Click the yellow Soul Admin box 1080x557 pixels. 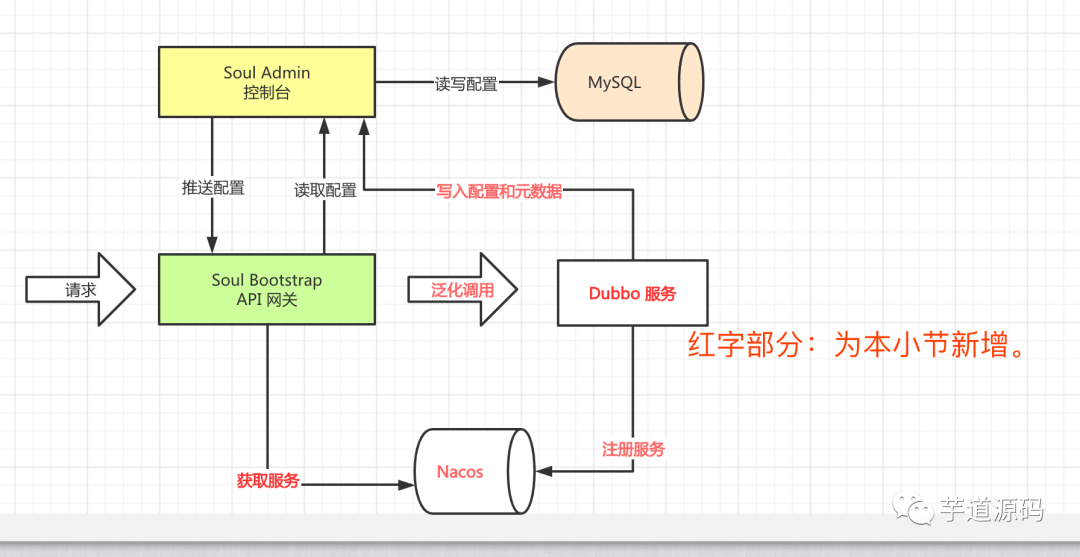pyautogui.click(x=267, y=82)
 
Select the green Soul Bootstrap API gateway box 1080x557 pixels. pyautogui.click(x=267, y=289)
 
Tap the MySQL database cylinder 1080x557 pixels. pyautogui.click(x=629, y=82)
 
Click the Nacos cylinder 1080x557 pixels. pyautogui.click(x=475, y=472)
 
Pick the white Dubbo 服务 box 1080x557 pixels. pyautogui.click(x=632, y=293)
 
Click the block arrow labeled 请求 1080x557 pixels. pyautogui.click(x=81, y=289)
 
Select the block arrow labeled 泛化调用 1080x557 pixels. pyautogui.click(x=462, y=289)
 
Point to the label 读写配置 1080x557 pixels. pyautogui.click(x=466, y=84)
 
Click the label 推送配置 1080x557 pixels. pyautogui.click(x=213, y=188)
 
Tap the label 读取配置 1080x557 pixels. pyautogui.click(x=325, y=191)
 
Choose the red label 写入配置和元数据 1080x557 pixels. pyautogui.click(x=499, y=191)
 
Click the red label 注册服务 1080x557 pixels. pyautogui.click(x=633, y=450)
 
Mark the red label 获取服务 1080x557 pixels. pyautogui.click(x=268, y=481)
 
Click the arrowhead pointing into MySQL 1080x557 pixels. pyautogui.click(x=547, y=82)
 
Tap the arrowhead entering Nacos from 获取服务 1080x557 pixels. pyautogui.click(x=405, y=485)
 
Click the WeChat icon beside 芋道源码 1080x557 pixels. pyautogui.click(x=913, y=509)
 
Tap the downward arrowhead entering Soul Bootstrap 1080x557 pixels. pyautogui.click(x=212, y=244)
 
